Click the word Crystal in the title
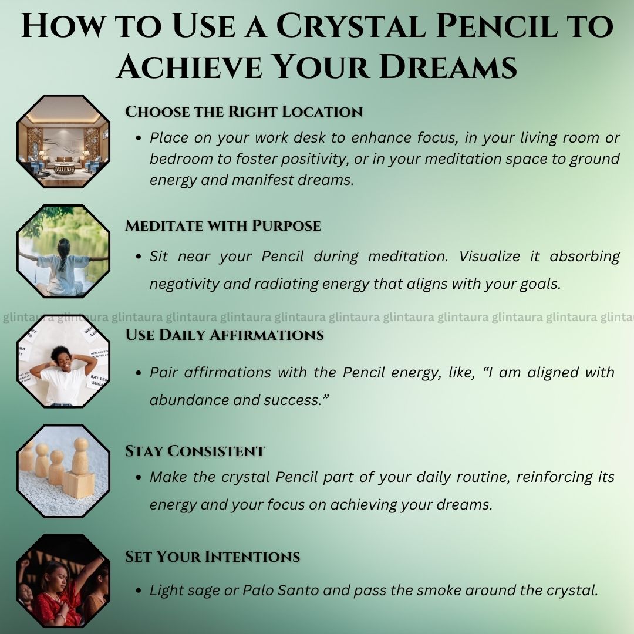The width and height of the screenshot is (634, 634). pos(350,25)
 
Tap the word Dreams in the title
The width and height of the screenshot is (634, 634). pos(448,66)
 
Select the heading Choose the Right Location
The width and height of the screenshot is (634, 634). pos(244,112)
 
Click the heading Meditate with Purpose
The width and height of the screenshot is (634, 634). pos(223,225)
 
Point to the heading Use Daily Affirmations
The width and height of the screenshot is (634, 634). pos(224,335)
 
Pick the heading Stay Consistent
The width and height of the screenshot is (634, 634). pos(195,451)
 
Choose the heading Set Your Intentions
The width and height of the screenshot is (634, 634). pos(213,557)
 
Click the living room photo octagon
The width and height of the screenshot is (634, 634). pos(63,141)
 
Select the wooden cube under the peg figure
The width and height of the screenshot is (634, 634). pos(79,484)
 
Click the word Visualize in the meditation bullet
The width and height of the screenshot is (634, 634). pos(489,257)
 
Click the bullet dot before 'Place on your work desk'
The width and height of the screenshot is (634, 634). pos(139,139)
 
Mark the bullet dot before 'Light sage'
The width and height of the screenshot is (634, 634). pos(139,591)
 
